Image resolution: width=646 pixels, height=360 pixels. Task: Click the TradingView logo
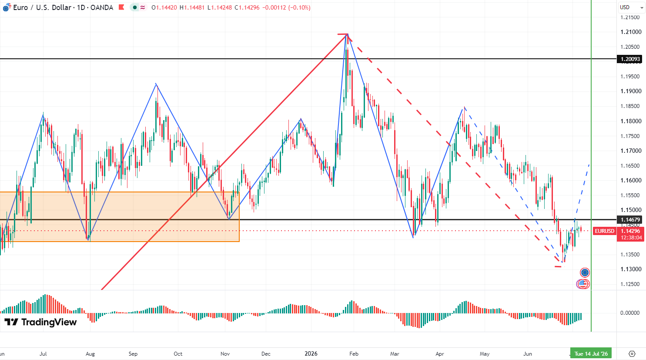coord(40,322)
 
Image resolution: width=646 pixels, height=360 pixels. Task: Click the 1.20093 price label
coord(630,59)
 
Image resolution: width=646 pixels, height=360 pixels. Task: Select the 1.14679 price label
coord(630,220)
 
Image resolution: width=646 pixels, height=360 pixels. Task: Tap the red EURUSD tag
coord(605,231)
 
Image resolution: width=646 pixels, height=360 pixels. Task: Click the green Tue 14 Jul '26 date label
coord(591,353)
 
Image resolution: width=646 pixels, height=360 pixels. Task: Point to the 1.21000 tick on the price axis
coord(631,32)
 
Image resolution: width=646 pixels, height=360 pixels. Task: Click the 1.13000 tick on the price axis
coord(631,269)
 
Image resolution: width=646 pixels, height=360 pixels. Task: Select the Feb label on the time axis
coord(354,353)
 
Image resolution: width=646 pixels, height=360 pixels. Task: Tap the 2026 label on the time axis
coord(311,353)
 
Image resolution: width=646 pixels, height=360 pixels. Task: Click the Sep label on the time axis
coord(133,353)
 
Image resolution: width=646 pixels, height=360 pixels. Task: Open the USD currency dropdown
coord(632,7)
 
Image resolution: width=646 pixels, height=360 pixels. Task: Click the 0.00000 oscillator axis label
coord(629,313)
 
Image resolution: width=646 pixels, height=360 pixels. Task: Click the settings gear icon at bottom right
coord(632,353)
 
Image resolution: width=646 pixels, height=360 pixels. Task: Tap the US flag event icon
coord(583,284)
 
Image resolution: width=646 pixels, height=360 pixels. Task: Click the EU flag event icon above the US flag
coord(585,273)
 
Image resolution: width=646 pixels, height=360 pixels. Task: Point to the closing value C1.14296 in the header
coord(247,7)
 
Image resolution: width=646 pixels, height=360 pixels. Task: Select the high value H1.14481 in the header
coord(192,7)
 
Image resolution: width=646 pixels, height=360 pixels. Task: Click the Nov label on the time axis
coord(225,353)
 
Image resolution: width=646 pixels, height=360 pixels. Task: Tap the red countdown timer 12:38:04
coord(631,238)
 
